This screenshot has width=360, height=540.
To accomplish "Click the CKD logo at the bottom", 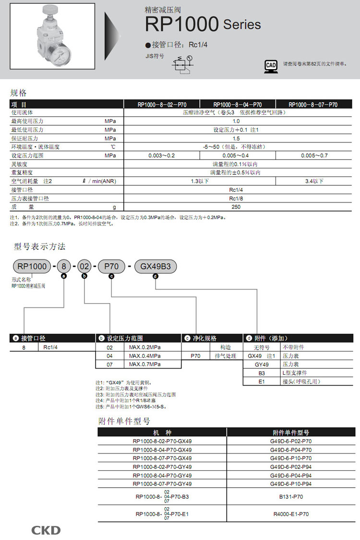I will pyautogui.click(x=46, y=530).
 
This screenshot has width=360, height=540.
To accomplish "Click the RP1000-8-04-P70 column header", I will pyautogui.click(x=237, y=104).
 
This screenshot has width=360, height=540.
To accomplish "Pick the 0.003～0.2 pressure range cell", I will pyautogui.click(x=161, y=156).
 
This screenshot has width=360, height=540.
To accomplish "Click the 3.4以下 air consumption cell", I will pyautogui.click(x=314, y=181).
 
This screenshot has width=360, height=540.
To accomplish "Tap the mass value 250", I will pyautogui.click(x=236, y=207).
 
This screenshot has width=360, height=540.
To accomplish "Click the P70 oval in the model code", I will pyautogui.click(x=111, y=266).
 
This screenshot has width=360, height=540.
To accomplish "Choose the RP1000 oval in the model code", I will pyautogui.click(x=32, y=266).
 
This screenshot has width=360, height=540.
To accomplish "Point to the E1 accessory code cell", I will pyautogui.click(x=262, y=381).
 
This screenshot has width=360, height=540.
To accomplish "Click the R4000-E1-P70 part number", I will pyautogui.click(x=291, y=514).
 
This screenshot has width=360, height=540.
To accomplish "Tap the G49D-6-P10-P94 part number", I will pyautogui.click(x=291, y=484).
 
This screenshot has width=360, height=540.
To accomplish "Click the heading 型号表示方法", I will pyautogui.click(x=39, y=246).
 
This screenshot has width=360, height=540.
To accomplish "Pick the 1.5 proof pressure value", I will pyautogui.click(x=236, y=138).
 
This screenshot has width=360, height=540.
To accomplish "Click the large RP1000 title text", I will pyautogui.click(x=182, y=24).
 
